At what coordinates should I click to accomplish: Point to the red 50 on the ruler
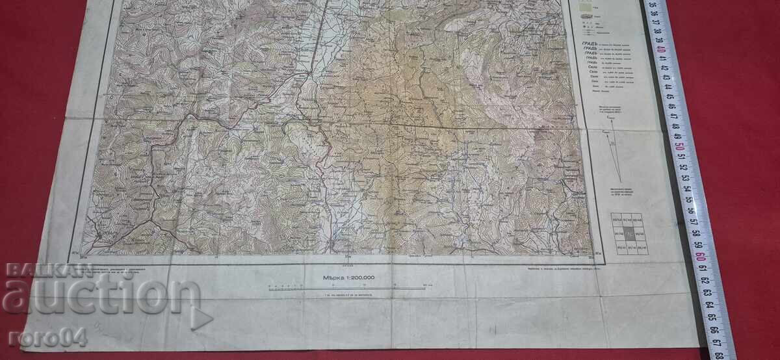679,146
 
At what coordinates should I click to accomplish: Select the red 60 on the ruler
701,255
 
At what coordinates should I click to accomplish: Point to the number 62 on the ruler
705,279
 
